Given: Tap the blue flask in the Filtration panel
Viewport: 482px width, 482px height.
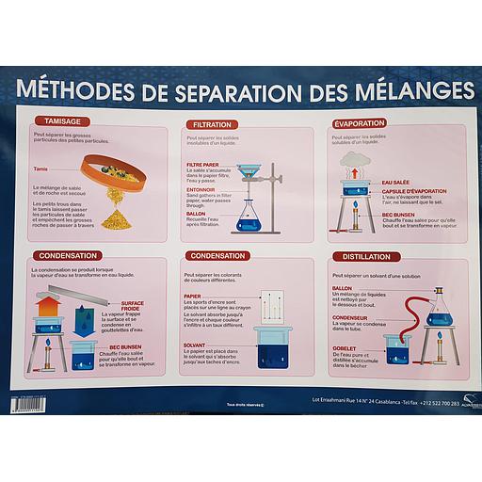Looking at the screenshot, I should (x=247, y=218).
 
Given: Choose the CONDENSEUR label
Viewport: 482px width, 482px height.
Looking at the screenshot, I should (x=350, y=317).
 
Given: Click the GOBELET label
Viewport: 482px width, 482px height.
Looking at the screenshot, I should (x=345, y=345).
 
